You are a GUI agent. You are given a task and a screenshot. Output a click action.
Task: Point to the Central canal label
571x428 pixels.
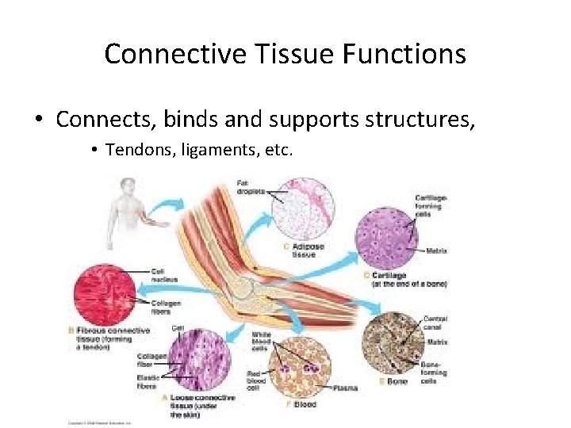(435, 323)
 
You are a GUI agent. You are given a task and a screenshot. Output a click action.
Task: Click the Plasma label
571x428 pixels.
(346, 388)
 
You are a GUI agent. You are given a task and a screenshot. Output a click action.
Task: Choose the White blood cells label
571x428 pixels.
(262, 341)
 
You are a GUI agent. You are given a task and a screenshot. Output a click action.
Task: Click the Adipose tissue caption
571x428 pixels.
(308, 250)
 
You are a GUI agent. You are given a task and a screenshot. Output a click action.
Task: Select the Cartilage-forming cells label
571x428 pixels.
(430, 205)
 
